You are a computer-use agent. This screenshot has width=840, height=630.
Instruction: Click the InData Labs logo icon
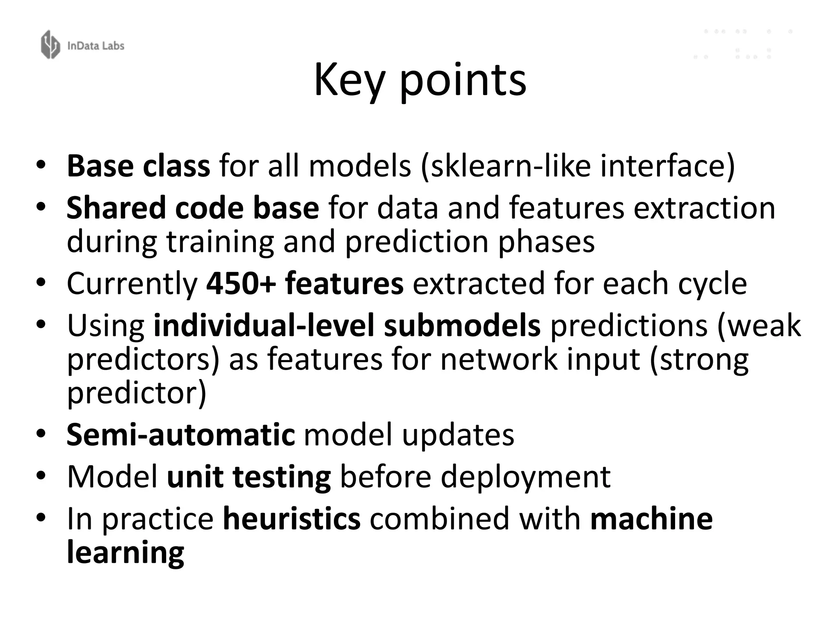[50, 44]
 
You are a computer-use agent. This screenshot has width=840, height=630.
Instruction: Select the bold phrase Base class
[138, 166]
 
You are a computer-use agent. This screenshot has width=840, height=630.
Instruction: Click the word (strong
[699, 359]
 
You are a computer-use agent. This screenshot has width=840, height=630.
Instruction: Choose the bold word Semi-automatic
[180, 435]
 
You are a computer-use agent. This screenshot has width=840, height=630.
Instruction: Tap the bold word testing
[282, 477]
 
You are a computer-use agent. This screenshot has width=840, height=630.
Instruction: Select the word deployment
[526, 477]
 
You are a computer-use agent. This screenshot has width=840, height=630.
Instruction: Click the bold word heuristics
[292, 519]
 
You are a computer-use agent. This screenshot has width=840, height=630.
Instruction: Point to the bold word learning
[126, 553]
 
